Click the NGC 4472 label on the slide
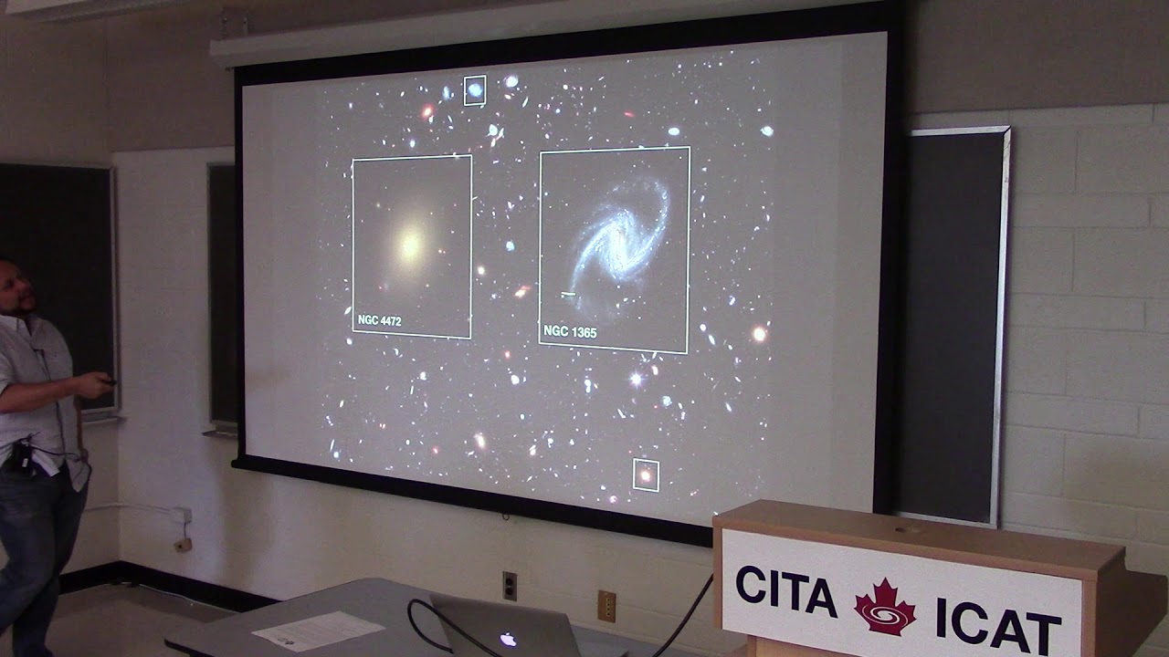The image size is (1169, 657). (380, 321)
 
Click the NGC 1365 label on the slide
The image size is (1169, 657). (570, 333)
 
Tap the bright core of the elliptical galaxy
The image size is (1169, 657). (411, 244)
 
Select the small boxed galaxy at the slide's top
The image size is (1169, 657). (475, 90)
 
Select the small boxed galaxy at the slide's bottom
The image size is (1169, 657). (646, 474)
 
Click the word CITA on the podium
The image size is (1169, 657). (785, 591)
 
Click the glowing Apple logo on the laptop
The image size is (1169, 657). (508, 639)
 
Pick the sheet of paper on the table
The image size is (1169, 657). (318, 629)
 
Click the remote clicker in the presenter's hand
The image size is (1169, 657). (108, 381)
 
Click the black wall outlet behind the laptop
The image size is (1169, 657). (510, 585)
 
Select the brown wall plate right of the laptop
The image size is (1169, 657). (606, 605)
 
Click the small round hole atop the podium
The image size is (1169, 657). (907, 528)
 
